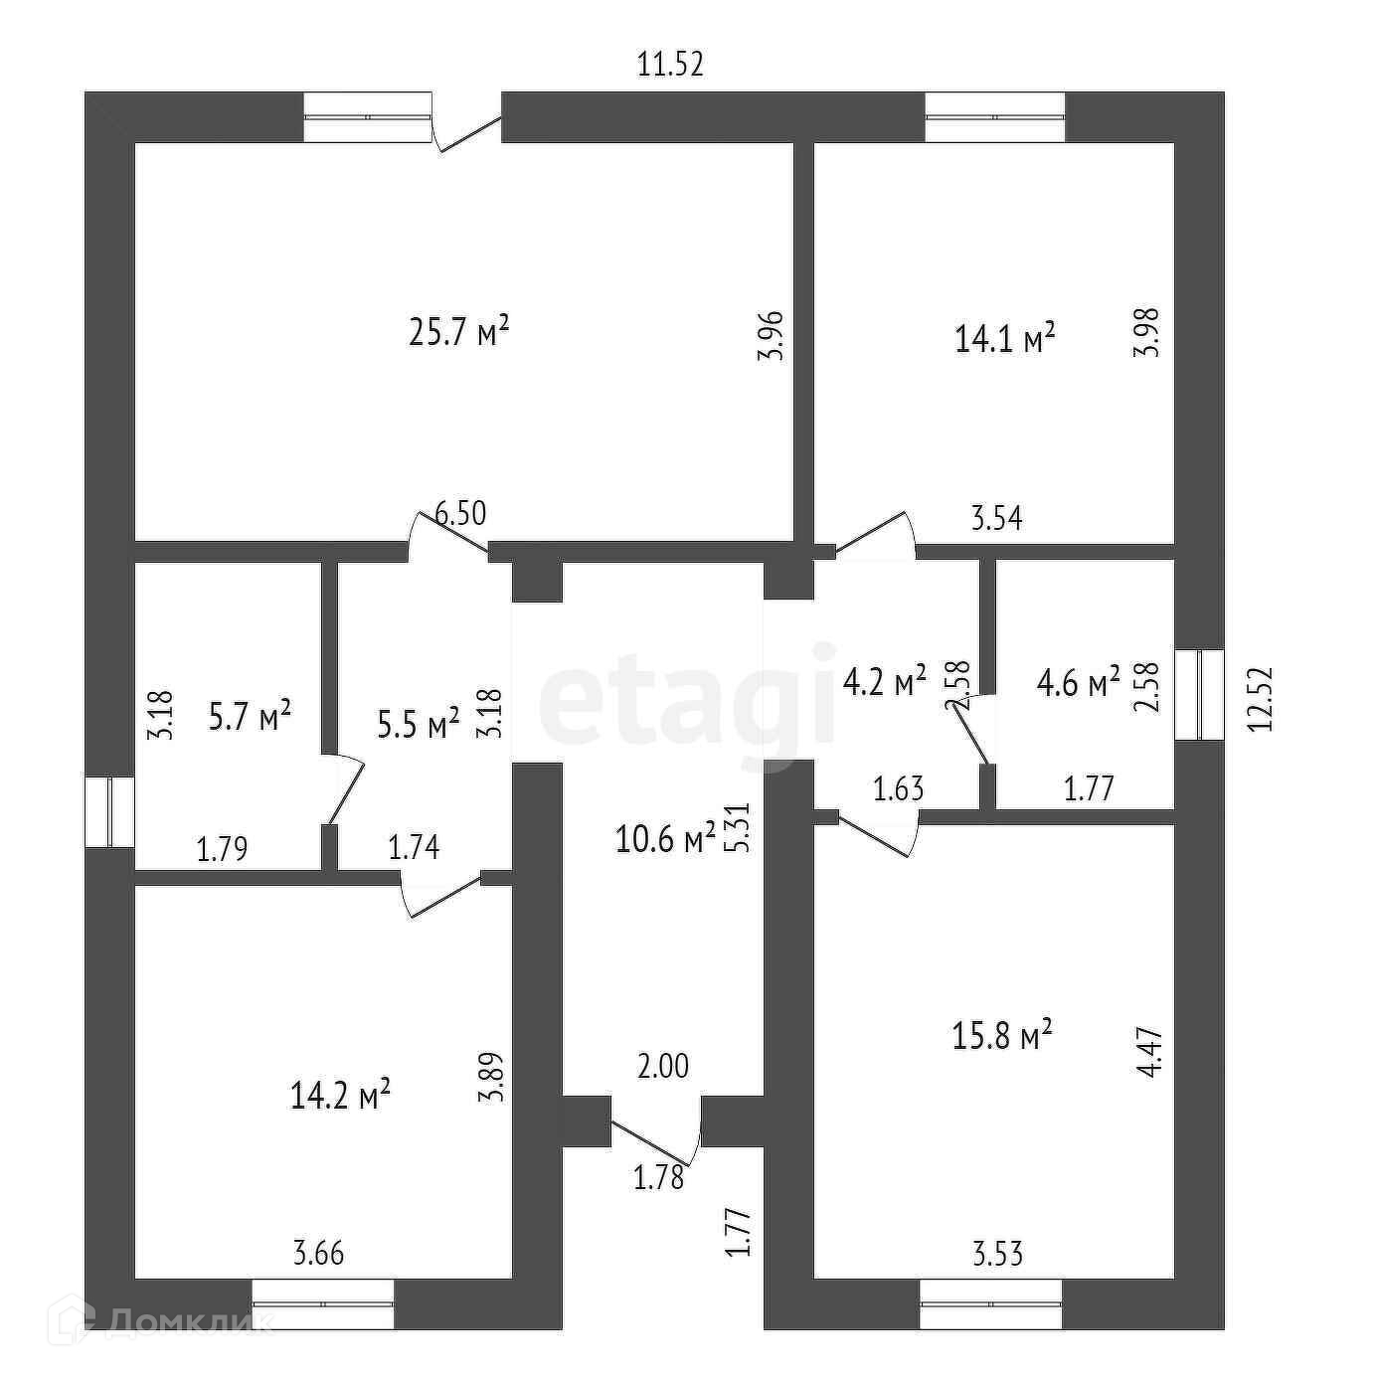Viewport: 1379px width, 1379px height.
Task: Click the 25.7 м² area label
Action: pos(458,331)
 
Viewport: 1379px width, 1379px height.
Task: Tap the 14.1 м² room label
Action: pos(1004,339)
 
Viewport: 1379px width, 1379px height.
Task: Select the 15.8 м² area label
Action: pos(1002,1037)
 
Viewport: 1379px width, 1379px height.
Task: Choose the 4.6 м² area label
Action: pos(1078,683)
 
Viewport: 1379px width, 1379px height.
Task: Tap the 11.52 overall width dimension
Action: pos(669,66)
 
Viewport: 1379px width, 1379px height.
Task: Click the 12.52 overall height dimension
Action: pos(1261,699)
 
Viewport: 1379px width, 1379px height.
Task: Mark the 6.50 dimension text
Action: pos(461,515)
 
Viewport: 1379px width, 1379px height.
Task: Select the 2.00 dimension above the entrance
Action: pos(662,1066)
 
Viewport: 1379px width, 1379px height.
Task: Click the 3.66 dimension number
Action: pos(318,1254)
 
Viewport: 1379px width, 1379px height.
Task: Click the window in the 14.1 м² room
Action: pos(994,117)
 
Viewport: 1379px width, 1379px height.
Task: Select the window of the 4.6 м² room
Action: pos(1200,694)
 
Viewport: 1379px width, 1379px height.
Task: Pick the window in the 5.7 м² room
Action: pos(109,811)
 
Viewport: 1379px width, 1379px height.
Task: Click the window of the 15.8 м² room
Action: pos(990,1303)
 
